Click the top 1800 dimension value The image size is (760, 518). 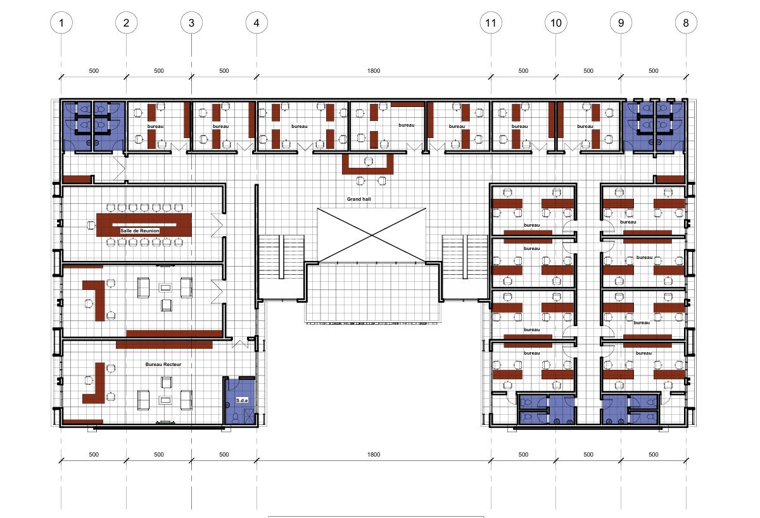[x=374, y=70]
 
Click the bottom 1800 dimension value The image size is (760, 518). [x=374, y=454]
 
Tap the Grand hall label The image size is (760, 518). [x=358, y=199]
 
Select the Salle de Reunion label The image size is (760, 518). [x=140, y=231]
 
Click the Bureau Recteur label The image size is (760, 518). [x=163, y=364]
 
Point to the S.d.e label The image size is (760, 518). [x=242, y=400]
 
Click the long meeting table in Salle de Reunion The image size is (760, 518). [x=144, y=225]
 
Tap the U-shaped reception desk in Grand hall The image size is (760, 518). [x=368, y=170]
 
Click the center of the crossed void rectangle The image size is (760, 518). [x=372, y=235]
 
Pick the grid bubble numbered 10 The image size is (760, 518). [x=556, y=23]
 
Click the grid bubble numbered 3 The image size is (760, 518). [x=191, y=23]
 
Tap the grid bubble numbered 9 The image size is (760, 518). [x=621, y=23]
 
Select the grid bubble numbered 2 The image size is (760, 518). [x=126, y=23]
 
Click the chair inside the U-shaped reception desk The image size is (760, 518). [x=369, y=161]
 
